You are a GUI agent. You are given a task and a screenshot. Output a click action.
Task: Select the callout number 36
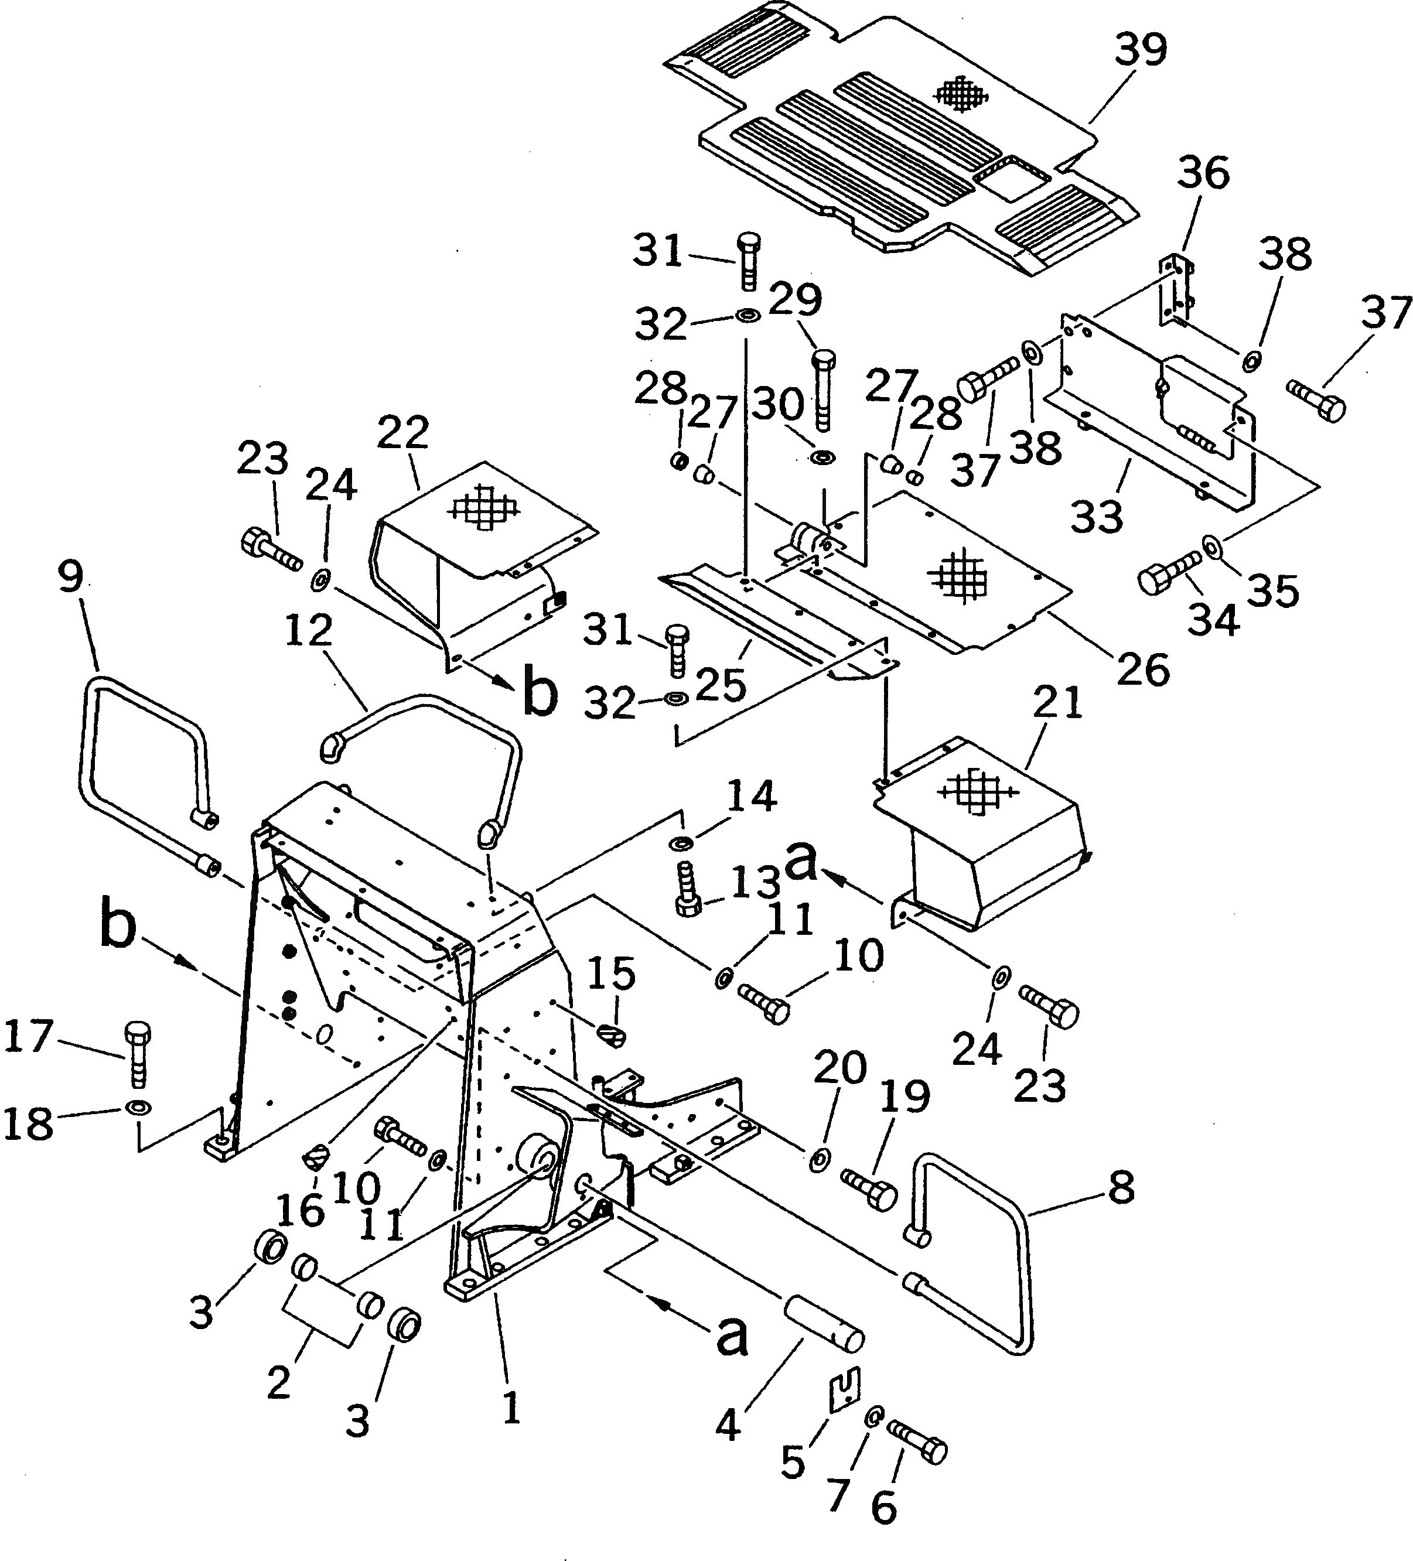coord(1203,173)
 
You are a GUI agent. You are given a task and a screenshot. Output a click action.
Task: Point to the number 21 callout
coord(1059,703)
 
